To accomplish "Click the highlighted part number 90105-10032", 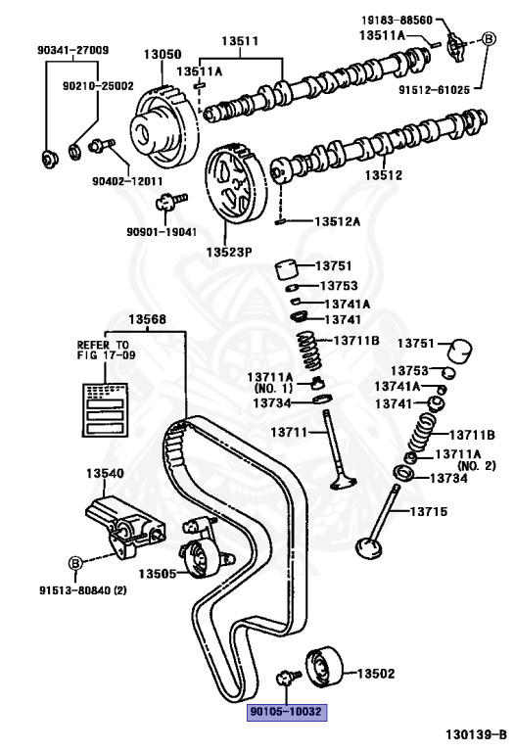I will click(x=285, y=713).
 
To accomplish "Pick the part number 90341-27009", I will click(x=74, y=50).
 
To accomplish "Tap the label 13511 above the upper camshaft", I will click(x=239, y=42).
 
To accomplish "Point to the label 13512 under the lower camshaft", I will click(x=384, y=176).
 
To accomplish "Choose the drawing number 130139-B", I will click(x=475, y=733).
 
